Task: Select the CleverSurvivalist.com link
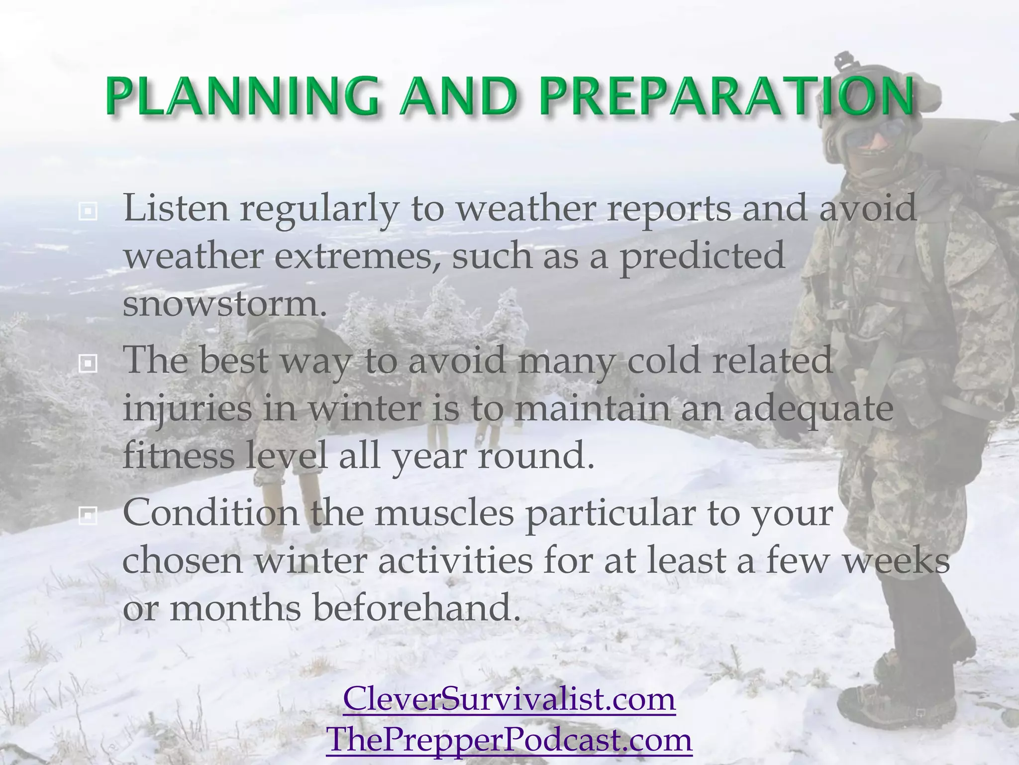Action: click(x=509, y=699)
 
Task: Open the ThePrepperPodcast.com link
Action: click(x=509, y=740)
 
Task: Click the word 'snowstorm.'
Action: click(x=225, y=304)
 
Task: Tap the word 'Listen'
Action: click(x=176, y=207)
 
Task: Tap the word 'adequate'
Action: click(x=813, y=409)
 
